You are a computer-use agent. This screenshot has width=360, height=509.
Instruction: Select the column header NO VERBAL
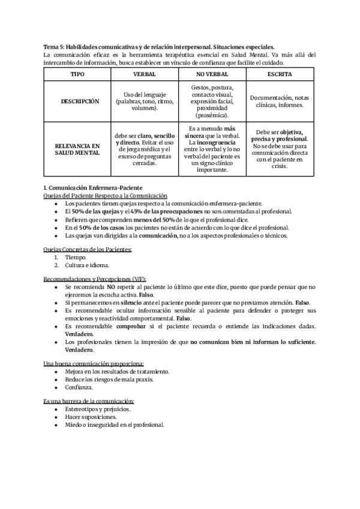click(211, 74)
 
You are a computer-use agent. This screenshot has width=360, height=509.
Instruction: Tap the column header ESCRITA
click(280, 74)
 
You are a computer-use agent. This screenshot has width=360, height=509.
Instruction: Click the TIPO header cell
click(77, 74)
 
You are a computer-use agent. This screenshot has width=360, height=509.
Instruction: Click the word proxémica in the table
click(212, 115)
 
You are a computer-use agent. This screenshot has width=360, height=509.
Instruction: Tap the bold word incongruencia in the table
click(217, 143)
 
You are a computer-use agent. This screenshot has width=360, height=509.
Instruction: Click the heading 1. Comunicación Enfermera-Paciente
click(93, 188)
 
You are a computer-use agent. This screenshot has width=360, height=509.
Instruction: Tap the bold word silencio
click(129, 303)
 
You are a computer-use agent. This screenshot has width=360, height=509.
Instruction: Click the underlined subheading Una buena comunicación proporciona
click(94, 364)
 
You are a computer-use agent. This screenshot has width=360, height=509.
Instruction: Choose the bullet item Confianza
click(80, 387)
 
